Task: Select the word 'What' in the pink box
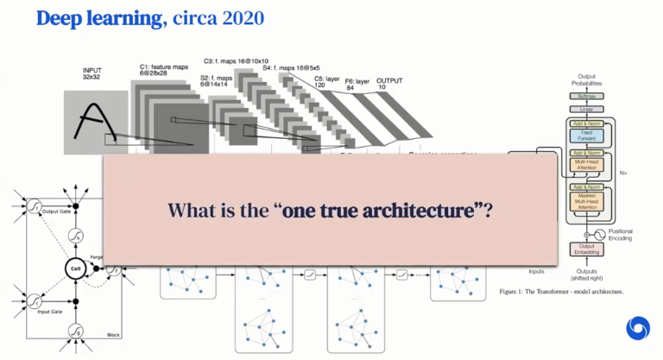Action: (x=192, y=209)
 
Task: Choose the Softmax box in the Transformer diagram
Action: (x=585, y=97)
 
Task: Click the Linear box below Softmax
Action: (x=585, y=109)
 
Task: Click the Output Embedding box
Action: (x=585, y=249)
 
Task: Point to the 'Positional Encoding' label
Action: (x=620, y=234)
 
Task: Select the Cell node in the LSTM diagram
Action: (x=74, y=269)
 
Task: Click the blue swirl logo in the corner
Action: (x=638, y=329)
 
